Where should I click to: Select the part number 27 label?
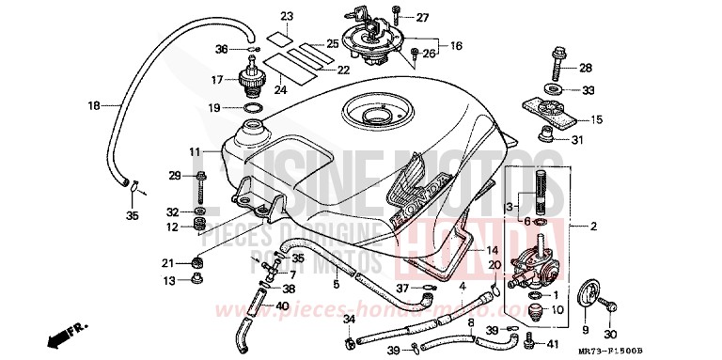422,18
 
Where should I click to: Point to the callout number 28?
585,68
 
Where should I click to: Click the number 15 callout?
596,120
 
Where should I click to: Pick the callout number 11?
194,151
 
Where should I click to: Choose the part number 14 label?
491,251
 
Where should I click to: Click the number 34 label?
348,321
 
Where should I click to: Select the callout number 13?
169,281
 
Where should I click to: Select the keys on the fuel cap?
366,16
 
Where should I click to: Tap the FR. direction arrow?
64,331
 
